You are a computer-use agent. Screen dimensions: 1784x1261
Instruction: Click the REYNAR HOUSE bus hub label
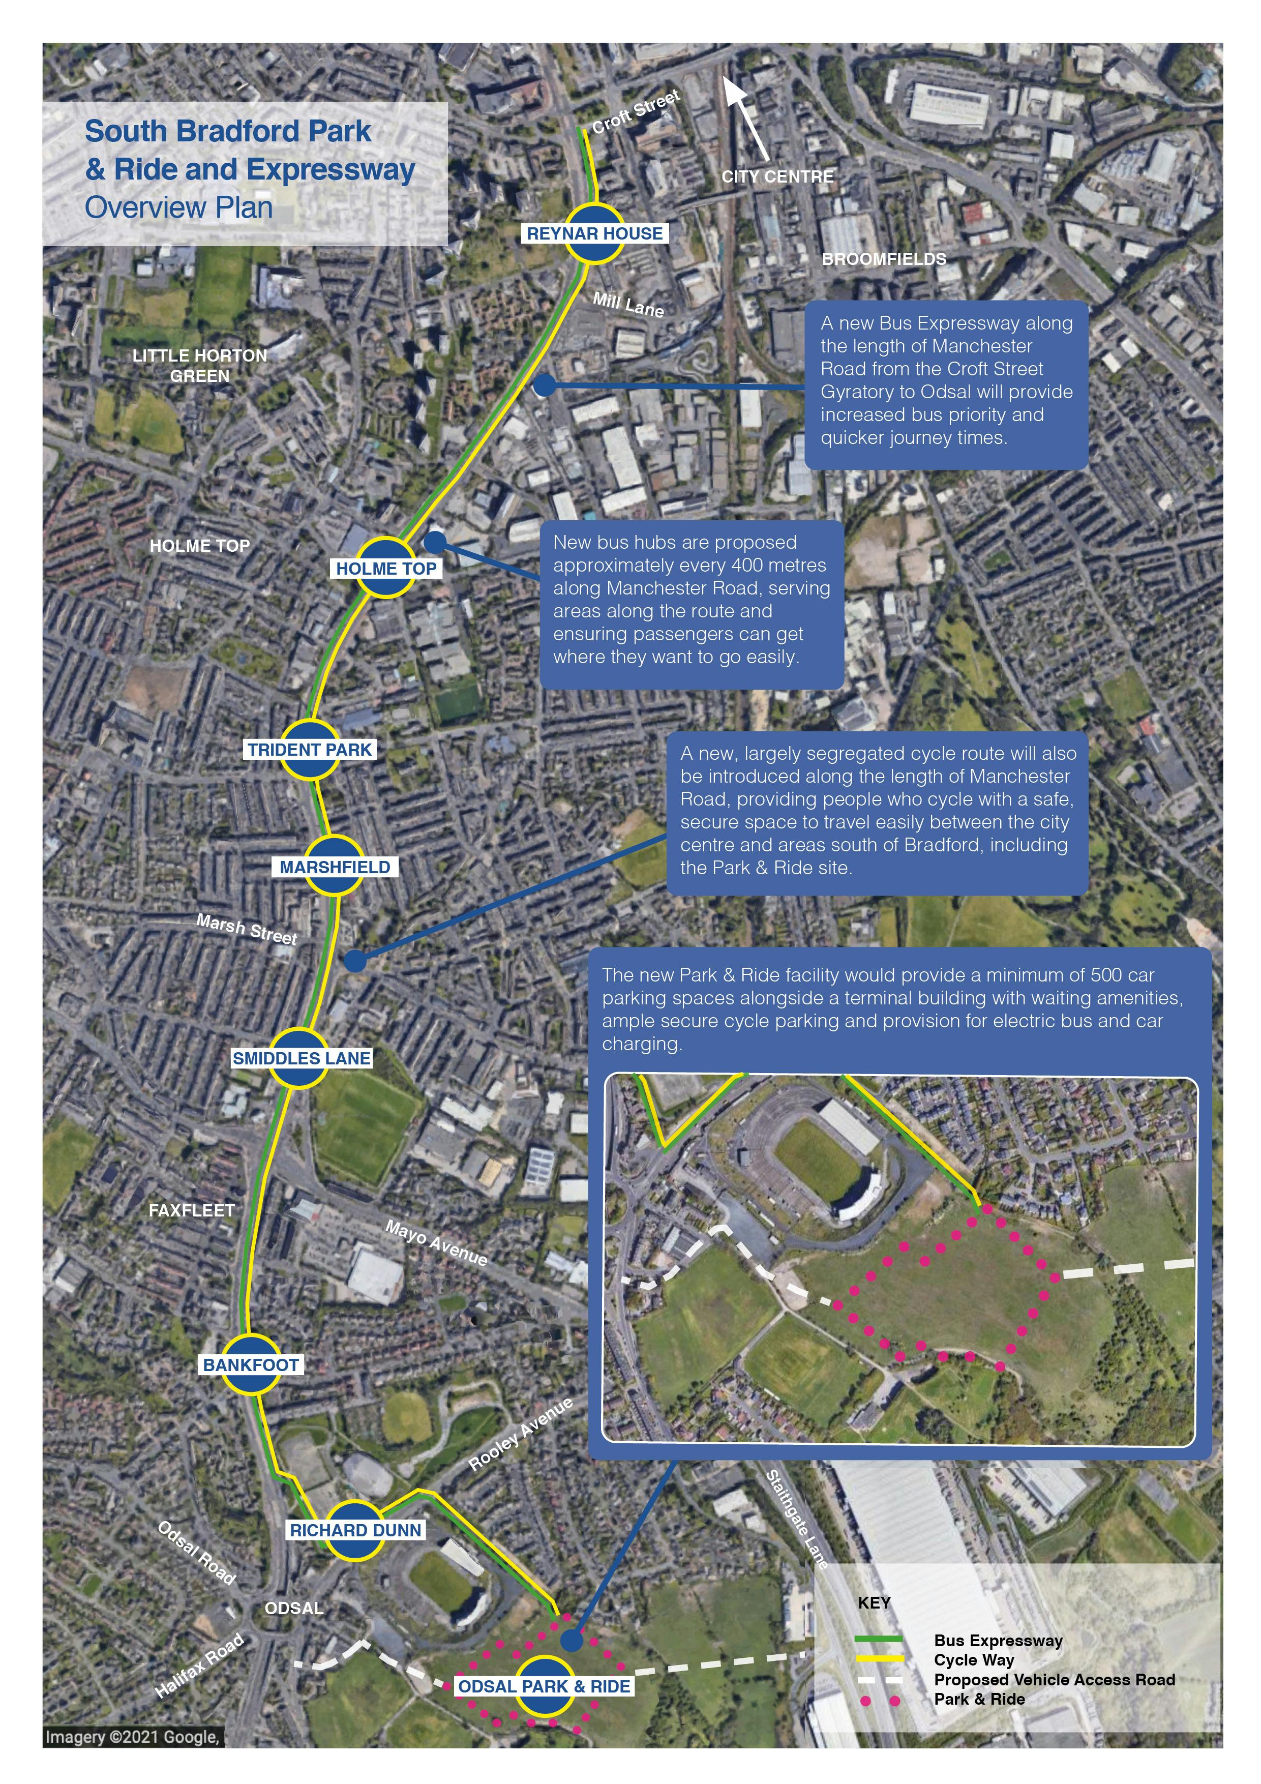point(594,233)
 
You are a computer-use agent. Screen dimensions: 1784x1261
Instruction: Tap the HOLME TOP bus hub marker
point(386,568)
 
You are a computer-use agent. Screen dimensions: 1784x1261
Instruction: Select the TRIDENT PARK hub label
point(310,750)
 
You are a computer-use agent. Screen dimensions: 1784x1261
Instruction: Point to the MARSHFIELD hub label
point(335,867)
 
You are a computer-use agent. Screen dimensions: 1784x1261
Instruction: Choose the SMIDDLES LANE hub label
point(302,1058)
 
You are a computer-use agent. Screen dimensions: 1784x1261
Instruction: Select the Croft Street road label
point(636,111)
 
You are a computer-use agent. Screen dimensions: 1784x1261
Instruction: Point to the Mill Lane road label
point(628,305)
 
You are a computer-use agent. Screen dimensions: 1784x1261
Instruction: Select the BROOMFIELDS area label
point(884,259)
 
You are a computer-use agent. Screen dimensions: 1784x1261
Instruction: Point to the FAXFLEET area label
point(191,1210)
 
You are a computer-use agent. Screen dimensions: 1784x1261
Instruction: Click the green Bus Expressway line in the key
point(879,1640)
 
